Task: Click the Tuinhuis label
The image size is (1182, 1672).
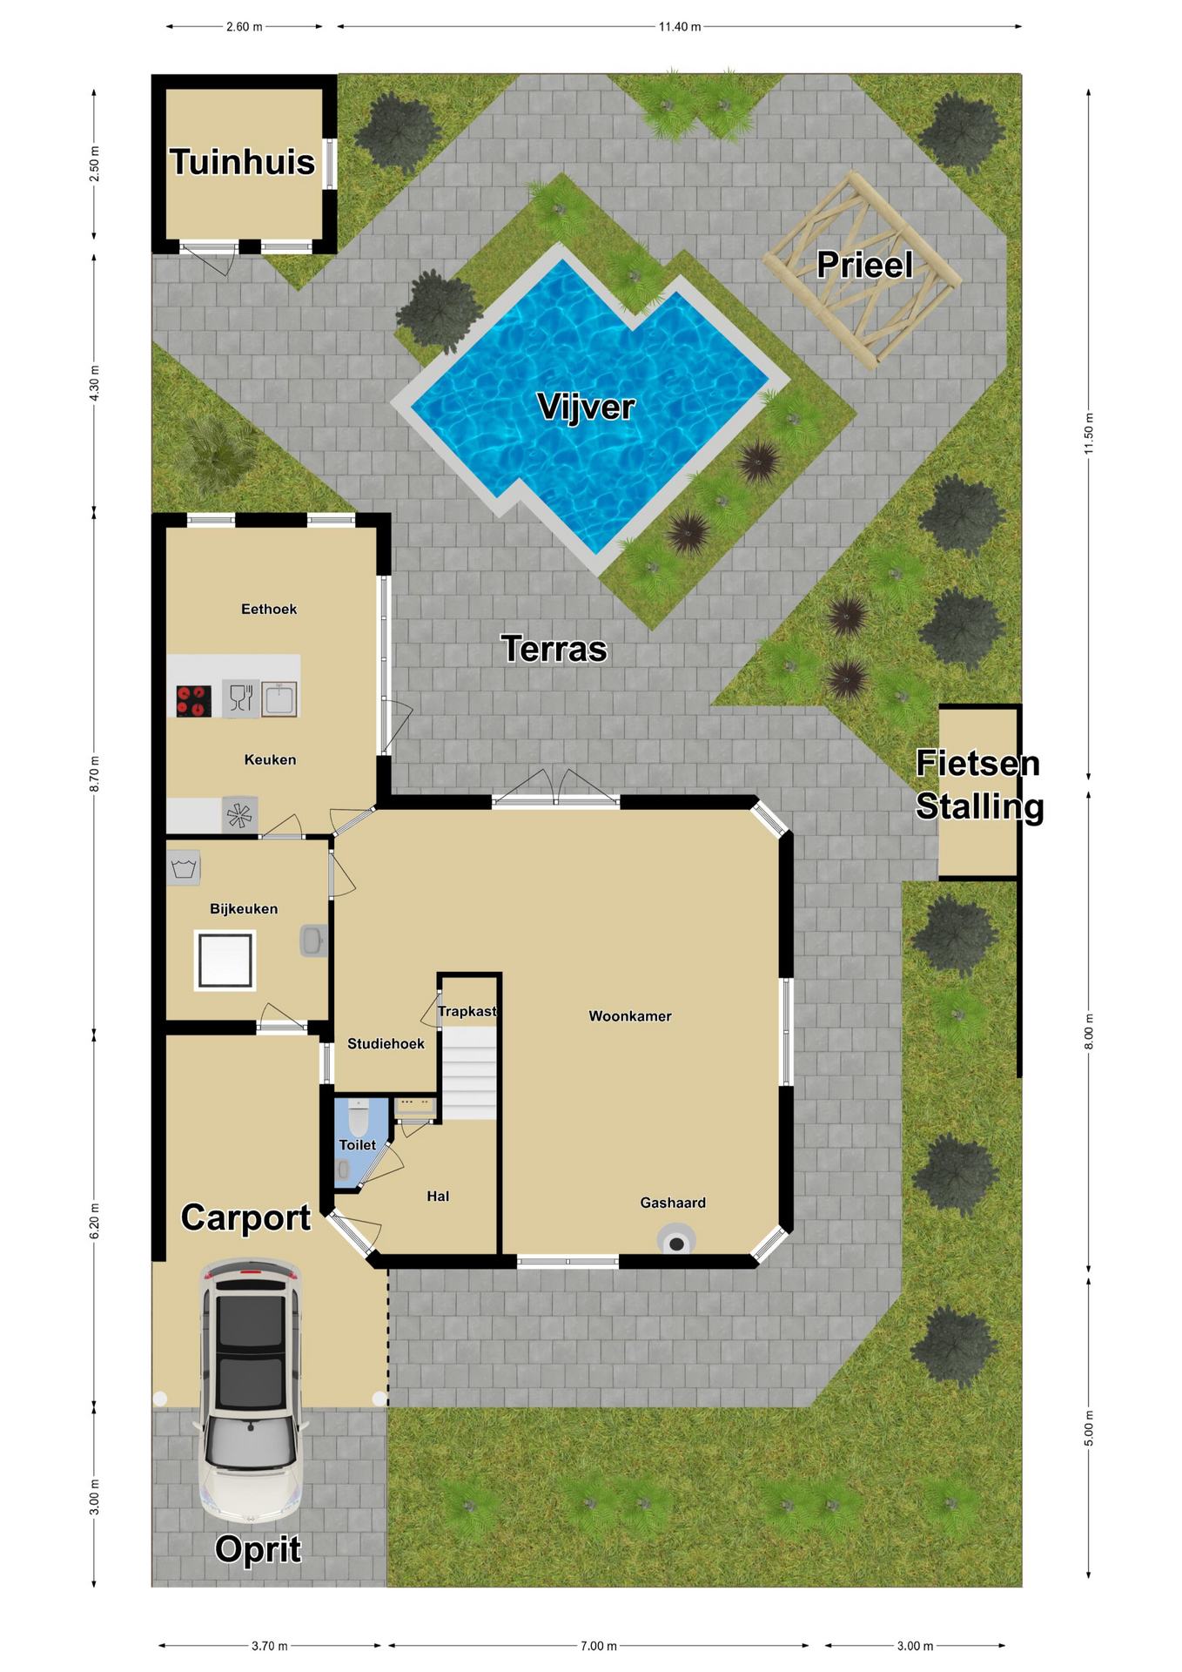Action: point(242,162)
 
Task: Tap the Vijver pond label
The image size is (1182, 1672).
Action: point(586,407)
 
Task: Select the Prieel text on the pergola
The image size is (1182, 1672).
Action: point(864,265)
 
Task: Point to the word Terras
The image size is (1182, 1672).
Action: point(554,649)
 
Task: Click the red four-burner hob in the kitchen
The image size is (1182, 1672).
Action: point(193,701)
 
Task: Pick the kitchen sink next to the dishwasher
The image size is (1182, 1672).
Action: point(279,698)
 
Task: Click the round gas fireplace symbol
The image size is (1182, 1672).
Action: point(676,1241)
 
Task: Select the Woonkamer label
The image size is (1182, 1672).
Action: point(630,1016)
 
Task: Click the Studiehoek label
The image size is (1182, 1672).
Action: point(386,1043)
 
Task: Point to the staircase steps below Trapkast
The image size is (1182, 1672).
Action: point(470,1073)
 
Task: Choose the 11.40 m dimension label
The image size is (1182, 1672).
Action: point(680,27)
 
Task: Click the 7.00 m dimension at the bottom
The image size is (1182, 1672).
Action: point(599,1646)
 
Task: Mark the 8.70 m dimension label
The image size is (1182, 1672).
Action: point(94,773)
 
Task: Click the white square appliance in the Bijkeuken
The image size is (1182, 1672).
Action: point(225,961)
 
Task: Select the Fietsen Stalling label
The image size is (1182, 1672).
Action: point(979,785)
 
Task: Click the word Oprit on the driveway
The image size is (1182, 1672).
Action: point(258,1549)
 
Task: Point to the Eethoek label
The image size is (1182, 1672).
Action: point(269,609)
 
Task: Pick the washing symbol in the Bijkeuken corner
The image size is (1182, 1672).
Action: point(184,868)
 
